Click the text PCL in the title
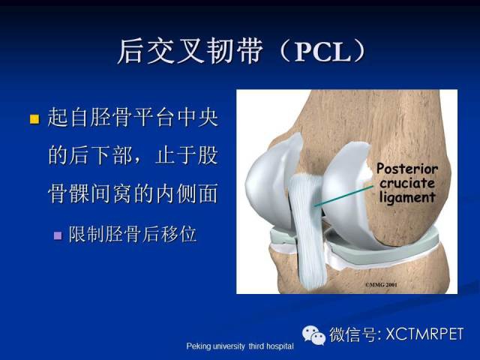[x=322, y=52]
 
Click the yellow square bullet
[x=34, y=119]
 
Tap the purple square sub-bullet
[x=58, y=235]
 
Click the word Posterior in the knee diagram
[x=407, y=169]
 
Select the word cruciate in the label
[x=407, y=183]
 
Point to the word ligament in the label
[x=407, y=197]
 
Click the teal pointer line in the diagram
[x=343, y=196]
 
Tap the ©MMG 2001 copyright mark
[x=381, y=285]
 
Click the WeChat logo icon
[x=313, y=335]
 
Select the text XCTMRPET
[x=425, y=334]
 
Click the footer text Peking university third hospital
[x=240, y=346]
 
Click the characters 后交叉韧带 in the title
[x=190, y=52]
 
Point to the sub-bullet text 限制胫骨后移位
[x=132, y=235]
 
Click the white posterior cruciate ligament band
[x=307, y=229]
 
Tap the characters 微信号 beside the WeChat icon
[x=352, y=334]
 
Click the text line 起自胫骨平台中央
[x=133, y=118]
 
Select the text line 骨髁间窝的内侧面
[x=133, y=193]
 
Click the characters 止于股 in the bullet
[x=187, y=155]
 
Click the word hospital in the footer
[x=280, y=346]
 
